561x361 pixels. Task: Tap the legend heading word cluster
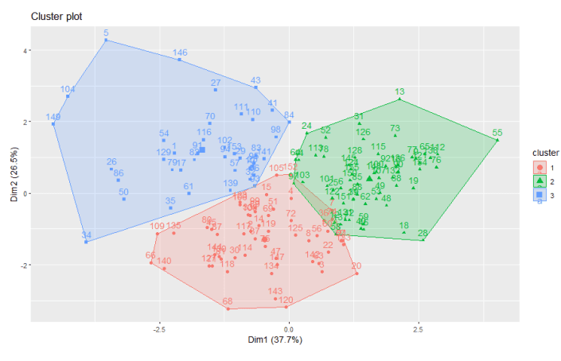coord(546,152)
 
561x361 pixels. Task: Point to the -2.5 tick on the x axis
coord(159,327)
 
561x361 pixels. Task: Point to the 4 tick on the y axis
coord(25,51)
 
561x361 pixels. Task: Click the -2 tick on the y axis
coord(23,265)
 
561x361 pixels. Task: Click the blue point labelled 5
coord(105,40)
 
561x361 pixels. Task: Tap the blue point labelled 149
coord(53,123)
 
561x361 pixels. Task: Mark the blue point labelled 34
coord(86,242)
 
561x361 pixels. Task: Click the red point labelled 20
coord(356,273)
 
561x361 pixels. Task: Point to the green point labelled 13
coord(399,99)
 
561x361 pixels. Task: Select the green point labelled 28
coord(423,239)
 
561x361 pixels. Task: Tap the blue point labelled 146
coord(180,60)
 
